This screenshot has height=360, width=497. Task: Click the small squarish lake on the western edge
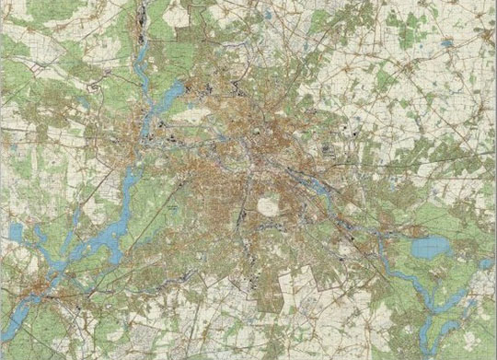[x=15, y=230]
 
